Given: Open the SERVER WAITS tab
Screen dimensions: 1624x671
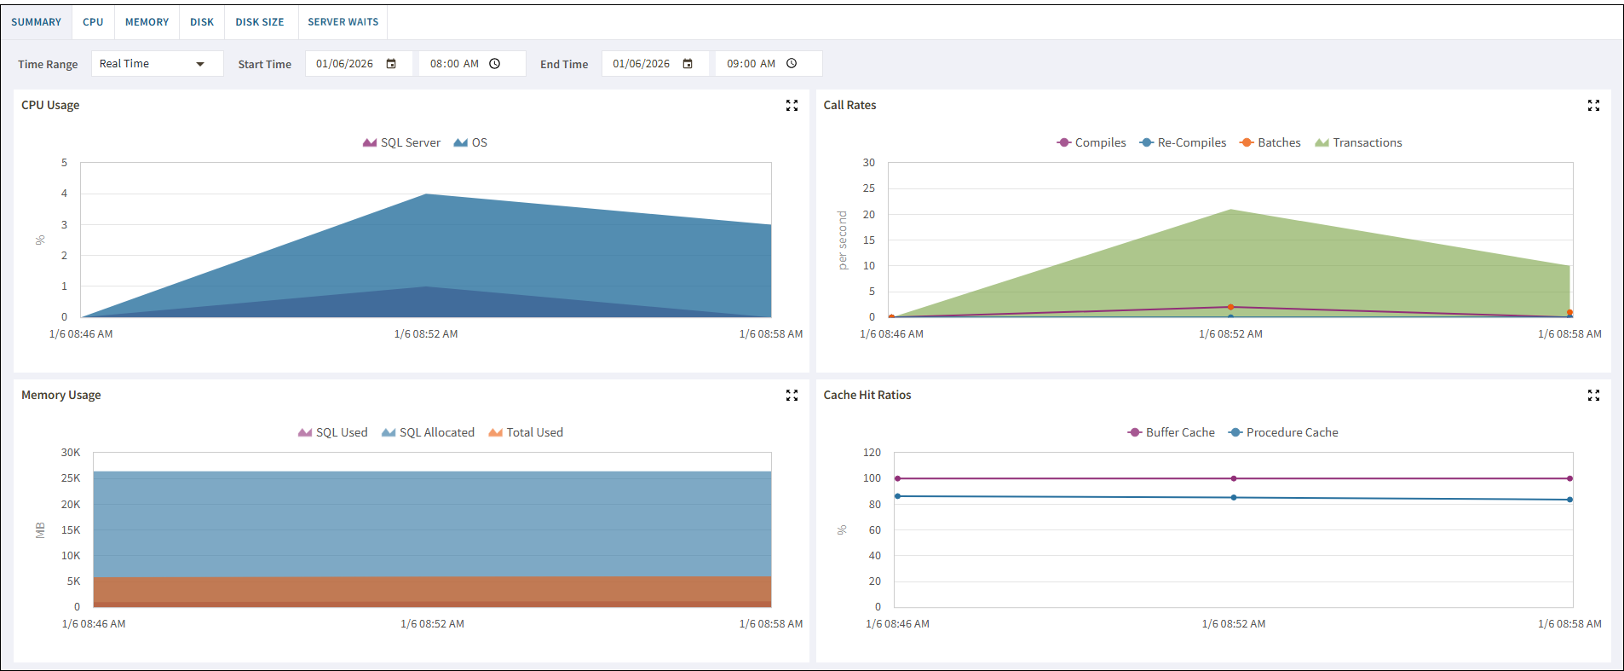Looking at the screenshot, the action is click(x=343, y=22).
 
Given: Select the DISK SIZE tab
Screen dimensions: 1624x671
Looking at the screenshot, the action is click(x=260, y=22).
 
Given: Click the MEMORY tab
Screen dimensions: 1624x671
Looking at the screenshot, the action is click(x=147, y=22).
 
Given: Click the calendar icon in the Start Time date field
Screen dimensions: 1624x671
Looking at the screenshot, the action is click(x=391, y=64).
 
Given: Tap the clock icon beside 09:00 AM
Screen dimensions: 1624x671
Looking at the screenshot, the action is click(x=792, y=63).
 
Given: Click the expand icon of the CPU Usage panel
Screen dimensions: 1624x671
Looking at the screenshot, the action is click(x=792, y=106).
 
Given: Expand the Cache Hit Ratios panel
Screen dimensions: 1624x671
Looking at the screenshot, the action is click(x=1593, y=396).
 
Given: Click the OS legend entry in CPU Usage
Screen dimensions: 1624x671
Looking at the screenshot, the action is click(x=470, y=142).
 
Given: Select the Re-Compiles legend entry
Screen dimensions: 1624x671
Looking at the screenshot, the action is click(x=1183, y=142).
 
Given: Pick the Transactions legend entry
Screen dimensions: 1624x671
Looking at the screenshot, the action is click(x=1358, y=142).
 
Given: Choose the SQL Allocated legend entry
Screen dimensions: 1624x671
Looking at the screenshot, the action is click(x=428, y=432).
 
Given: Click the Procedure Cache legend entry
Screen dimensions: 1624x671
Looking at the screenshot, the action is click(x=1283, y=432).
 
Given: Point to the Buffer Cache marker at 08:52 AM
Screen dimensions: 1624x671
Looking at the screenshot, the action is click(x=1234, y=478).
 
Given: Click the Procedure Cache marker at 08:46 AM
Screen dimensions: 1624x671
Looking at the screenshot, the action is click(x=897, y=496).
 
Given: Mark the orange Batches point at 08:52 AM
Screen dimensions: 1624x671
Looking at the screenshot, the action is click(x=1230, y=307).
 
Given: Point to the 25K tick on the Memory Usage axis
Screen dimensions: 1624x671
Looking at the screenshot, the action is click(x=71, y=478).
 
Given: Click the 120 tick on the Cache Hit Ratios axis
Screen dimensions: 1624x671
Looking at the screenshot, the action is click(x=872, y=453).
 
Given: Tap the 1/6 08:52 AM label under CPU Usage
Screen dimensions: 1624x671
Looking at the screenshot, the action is click(x=426, y=334).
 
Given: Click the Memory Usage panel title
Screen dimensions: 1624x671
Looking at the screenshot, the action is click(x=61, y=395).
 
